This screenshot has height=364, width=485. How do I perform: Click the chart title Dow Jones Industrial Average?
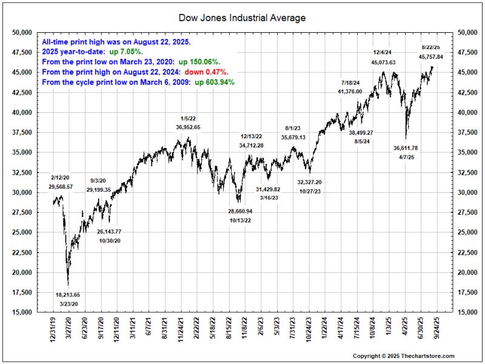coord(242,18)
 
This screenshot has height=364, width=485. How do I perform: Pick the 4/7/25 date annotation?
coord(406,157)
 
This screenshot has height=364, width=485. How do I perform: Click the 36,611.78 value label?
coord(406,147)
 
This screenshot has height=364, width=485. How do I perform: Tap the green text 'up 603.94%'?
coord(215,81)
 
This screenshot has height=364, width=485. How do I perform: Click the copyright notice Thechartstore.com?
coord(404,356)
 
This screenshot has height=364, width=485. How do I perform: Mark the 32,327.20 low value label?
coord(309,182)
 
